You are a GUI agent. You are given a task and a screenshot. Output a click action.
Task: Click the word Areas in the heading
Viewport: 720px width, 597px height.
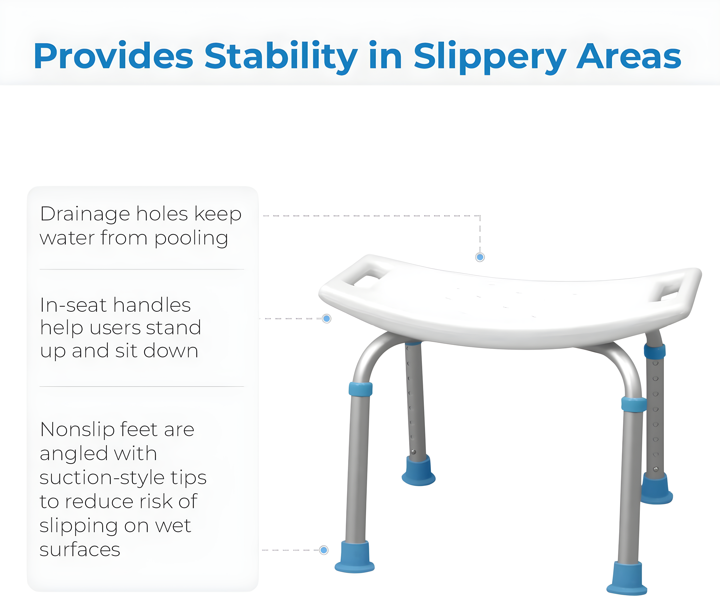point(629,56)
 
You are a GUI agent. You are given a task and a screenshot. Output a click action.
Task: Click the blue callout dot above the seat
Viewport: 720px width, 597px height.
point(480,257)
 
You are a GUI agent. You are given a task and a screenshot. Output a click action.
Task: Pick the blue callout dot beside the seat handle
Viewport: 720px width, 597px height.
point(327,319)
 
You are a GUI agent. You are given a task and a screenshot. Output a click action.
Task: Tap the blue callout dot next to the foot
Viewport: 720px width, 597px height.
point(324,550)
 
